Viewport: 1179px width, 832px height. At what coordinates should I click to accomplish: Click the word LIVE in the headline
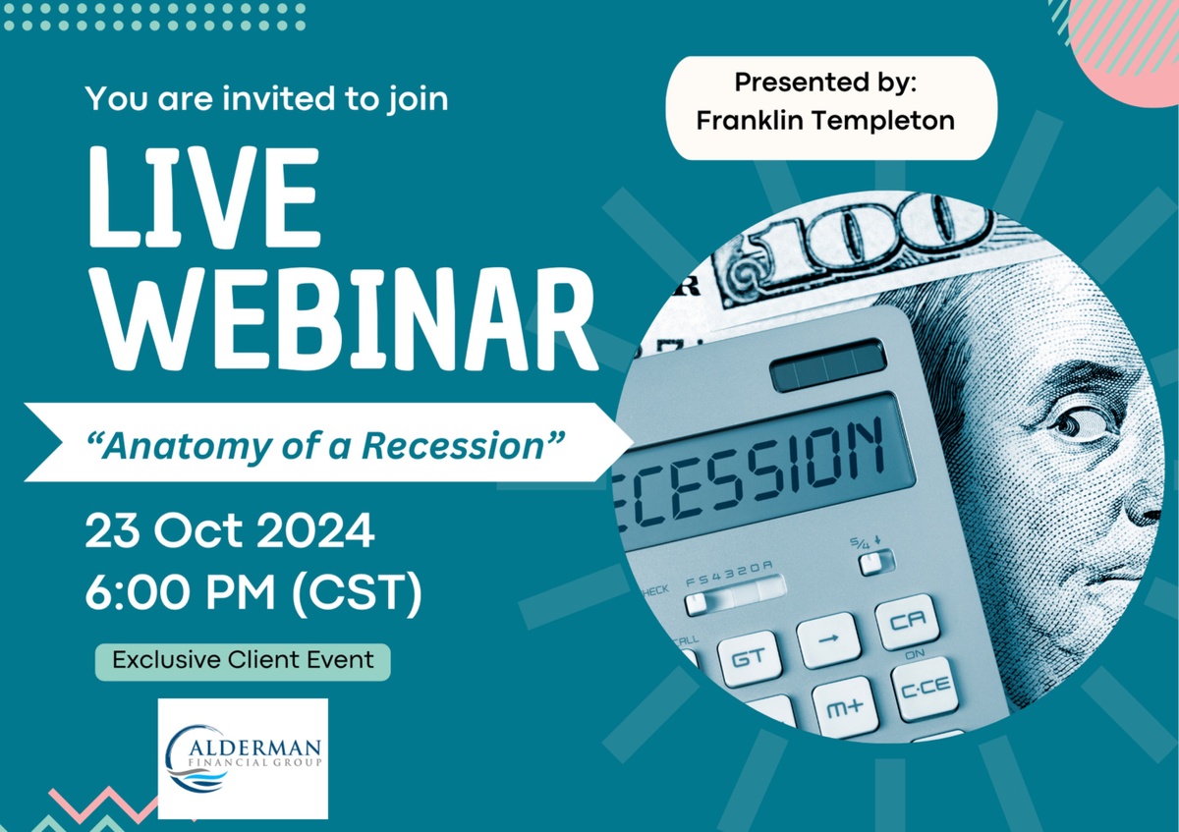tap(204, 196)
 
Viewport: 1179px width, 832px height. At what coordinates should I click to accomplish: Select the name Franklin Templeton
tap(825, 121)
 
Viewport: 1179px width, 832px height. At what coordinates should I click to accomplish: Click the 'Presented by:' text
tap(825, 83)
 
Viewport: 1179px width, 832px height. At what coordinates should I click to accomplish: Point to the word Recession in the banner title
tap(452, 445)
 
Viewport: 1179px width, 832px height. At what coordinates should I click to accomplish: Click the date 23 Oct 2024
tap(230, 531)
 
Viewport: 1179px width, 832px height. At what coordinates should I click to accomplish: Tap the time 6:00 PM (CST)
tap(253, 593)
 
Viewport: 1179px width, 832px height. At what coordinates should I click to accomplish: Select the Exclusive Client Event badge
tap(243, 661)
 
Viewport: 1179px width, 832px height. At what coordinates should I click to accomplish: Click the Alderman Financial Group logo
tap(243, 758)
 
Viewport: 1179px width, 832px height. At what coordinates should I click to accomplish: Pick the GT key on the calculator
tap(750, 658)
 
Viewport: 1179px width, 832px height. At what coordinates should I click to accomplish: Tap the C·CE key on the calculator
tap(925, 688)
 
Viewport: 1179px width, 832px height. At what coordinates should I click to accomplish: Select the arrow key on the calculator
tap(828, 638)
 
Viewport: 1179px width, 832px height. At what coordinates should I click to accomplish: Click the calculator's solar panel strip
tap(828, 364)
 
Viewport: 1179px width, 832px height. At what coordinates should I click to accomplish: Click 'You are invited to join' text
tap(267, 99)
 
